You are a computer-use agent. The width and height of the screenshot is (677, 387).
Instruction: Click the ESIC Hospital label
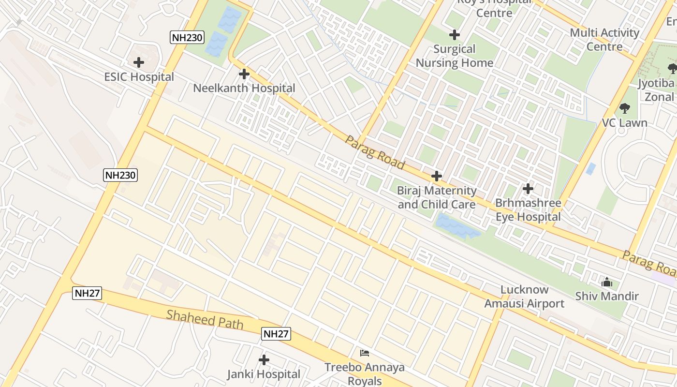tap(139, 77)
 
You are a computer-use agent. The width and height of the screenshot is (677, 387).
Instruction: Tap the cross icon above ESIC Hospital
tap(139, 62)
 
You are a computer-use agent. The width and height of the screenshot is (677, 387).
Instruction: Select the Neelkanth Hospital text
tap(244, 88)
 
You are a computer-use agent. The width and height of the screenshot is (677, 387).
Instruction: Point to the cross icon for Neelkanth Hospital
tap(244, 74)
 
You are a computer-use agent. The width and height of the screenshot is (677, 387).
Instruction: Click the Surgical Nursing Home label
tap(454, 56)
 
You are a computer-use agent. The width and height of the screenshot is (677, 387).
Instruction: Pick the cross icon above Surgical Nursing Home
tap(455, 35)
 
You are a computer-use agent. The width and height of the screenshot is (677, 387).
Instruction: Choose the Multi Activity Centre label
tap(604, 40)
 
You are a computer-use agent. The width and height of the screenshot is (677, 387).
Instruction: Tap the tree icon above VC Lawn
tap(625, 108)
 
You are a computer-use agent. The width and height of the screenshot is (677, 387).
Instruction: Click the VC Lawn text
tap(624, 123)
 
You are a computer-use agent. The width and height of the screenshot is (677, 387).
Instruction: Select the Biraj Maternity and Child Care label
tap(437, 197)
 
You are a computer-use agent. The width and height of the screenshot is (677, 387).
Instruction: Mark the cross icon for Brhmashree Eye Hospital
tap(528, 188)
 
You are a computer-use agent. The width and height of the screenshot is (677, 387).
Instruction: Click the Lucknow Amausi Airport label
tap(524, 297)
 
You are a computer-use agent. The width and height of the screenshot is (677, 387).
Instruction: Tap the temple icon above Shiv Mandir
tap(607, 282)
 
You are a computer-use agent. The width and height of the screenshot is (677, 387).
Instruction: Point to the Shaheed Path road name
tap(205, 319)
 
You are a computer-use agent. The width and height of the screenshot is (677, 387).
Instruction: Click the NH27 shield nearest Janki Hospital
tap(277, 333)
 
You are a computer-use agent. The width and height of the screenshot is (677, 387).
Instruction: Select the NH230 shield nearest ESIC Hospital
tap(187, 37)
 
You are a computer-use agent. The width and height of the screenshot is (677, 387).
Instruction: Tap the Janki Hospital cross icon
tap(264, 360)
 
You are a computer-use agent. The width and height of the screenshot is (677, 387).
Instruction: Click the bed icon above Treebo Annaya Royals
tap(365, 353)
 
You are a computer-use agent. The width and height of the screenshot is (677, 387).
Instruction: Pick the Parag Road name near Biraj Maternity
tap(375, 152)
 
